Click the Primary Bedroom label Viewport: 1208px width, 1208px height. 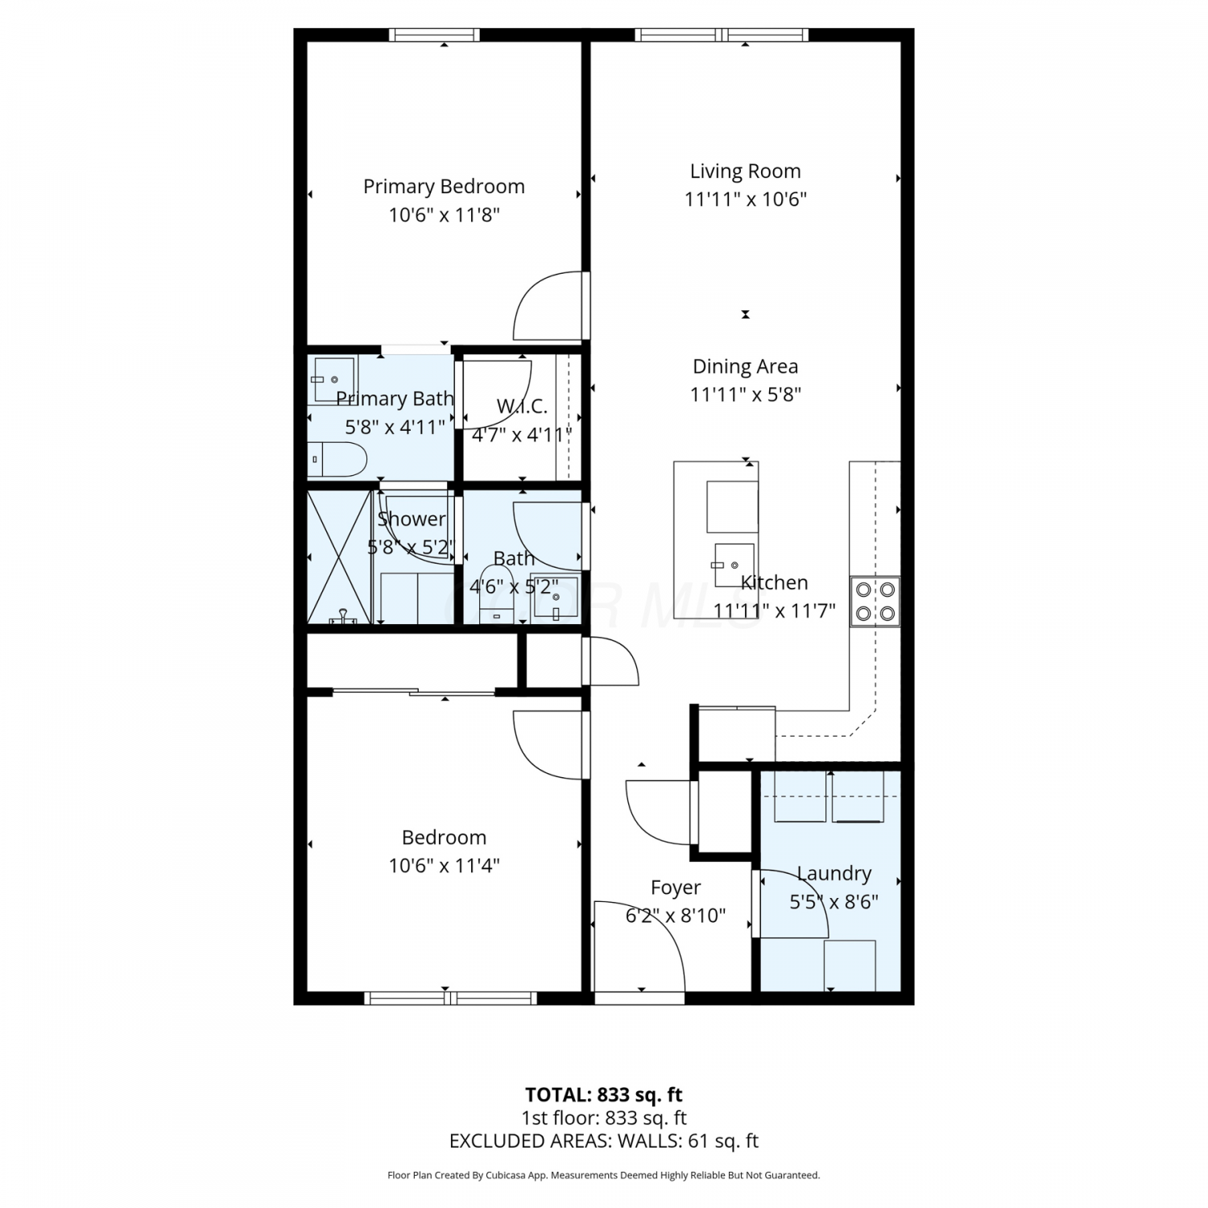click(x=444, y=187)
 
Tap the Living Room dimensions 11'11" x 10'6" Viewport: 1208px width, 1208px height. click(x=745, y=199)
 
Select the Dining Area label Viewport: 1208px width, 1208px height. click(x=745, y=367)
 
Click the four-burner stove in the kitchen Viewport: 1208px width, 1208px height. click(x=875, y=602)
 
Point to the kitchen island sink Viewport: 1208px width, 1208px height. click(x=733, y=565)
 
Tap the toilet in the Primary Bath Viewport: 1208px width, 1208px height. click(x=337, y=459)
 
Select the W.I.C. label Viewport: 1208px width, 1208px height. click(x=522, y=407)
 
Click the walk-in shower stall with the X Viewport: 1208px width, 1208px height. click(x=339, y=556)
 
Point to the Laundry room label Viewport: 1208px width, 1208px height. click(x=834, y=874)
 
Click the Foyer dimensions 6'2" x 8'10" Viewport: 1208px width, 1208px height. click(x=676, y=916)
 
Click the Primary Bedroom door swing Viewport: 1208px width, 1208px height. click(x=548, y=306)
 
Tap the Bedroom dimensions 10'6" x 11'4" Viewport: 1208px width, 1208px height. click(x=444, y=866)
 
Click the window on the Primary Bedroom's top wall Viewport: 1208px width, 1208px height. click(x=435, y=35)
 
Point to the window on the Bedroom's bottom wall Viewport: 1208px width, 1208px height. click(x=451, y=999)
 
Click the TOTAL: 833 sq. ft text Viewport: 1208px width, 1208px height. click(x=604, y=1095)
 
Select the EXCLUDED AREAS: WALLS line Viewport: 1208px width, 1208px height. click(x=604, y=1141)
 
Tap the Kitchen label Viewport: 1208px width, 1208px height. click(x=774, y=583)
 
